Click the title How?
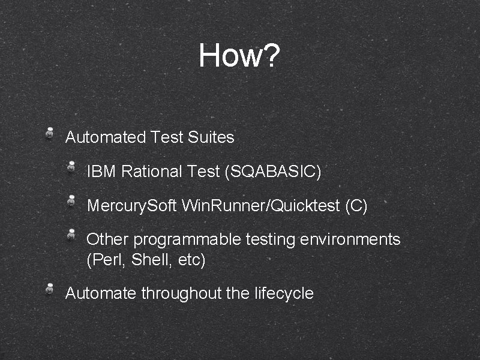[x=239, y=56]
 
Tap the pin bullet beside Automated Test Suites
[x=51, y=133]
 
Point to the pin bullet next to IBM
[x=71, y=167]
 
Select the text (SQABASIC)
[x=273, y=172]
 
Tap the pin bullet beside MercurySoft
[x=71, y=201]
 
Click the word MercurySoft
[x=132, y=206]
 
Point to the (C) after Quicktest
[x=356, y=206]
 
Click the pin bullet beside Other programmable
[x=71, y=234]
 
